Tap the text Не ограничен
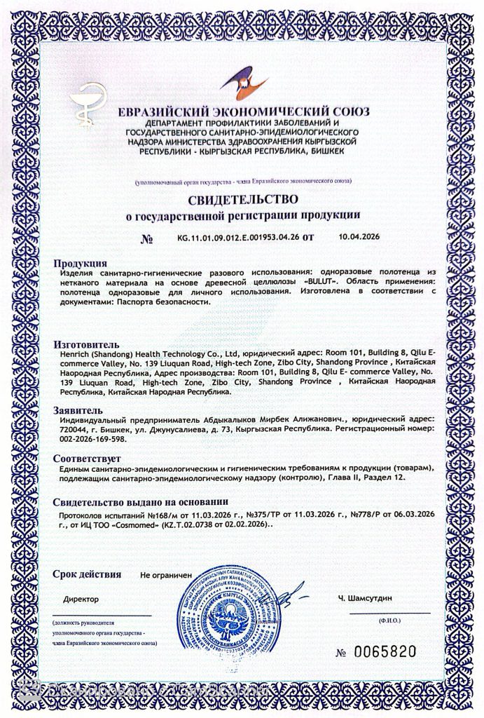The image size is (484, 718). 166,575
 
